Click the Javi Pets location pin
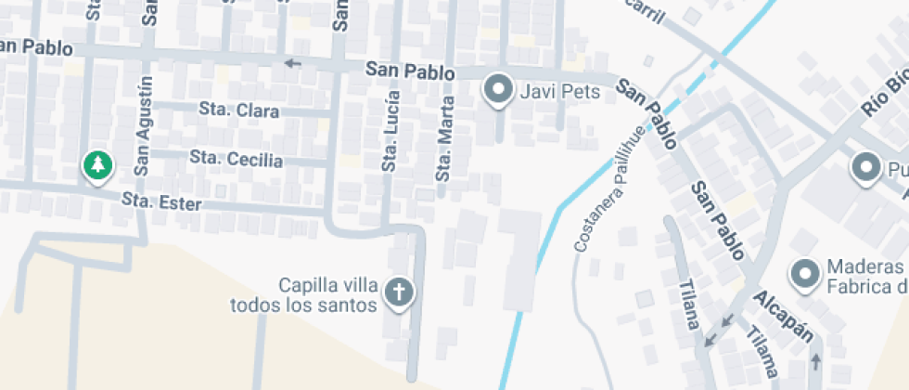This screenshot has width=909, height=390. pos(500,89)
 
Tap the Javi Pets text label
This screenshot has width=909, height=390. pos(560,91)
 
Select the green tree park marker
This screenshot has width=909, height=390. pos(96,166)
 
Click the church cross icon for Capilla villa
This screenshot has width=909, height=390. pos(400,292)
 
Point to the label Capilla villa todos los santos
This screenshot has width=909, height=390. pos(303,294)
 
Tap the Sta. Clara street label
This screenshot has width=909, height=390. pos(239,110)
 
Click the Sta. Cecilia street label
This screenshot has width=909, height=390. pos(236,158)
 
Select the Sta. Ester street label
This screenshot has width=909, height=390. pos(161,200)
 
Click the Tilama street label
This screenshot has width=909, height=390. pos(764,353)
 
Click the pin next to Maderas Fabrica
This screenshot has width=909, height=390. pos(803,274)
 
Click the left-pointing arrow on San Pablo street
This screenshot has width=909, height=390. pos(293,63)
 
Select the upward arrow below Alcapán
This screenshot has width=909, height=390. pos(816,358)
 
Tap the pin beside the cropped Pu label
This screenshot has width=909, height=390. pos(866,168)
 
